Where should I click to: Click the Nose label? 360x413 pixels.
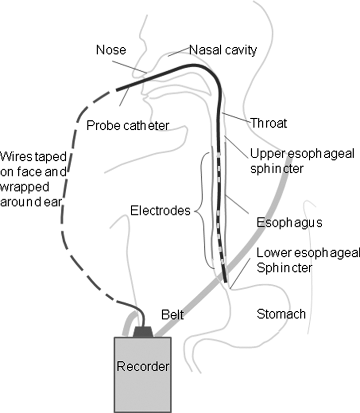110,50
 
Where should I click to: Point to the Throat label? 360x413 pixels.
269,123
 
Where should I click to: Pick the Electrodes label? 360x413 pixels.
160,210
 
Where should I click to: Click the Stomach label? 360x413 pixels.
281,314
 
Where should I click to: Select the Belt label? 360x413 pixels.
173,314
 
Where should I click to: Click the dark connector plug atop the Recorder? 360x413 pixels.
143,331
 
